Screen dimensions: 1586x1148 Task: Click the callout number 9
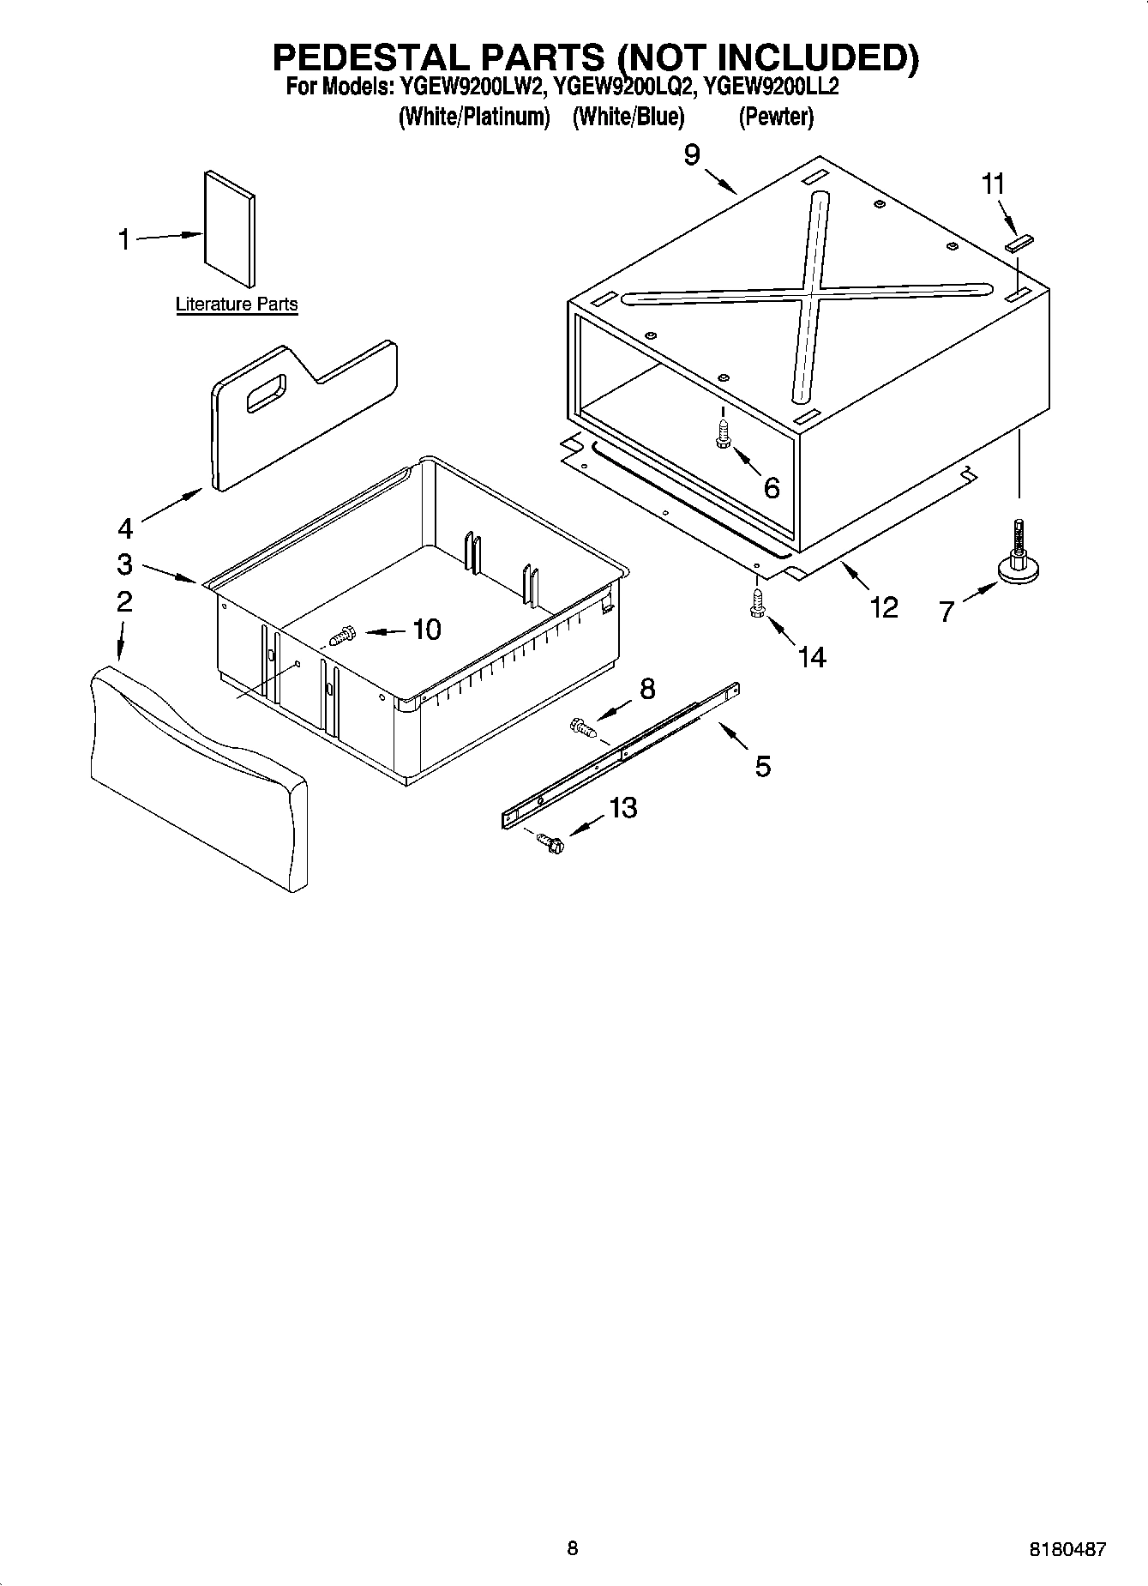[x=692, y=155]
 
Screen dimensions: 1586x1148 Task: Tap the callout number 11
[x=993, y=184]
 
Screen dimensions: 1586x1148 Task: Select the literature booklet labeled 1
[x=229, y=228]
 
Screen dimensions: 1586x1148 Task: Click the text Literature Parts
[x=237, y=305]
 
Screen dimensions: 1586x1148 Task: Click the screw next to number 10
[x=342, y=636]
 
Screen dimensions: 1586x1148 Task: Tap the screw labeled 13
[x=550, y=843]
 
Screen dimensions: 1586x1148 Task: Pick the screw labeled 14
[x=756, y=601]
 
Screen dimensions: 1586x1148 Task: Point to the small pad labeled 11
[x=1020, y=244]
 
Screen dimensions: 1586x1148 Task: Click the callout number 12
[x=883, y=607]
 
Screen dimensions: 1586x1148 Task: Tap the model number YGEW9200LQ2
[x=622, y=87]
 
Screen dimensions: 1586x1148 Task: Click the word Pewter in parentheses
[x=776, y=117]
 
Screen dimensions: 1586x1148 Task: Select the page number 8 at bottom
[x=573, y=1549]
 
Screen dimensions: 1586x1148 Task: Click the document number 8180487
[x=1067, y=1550]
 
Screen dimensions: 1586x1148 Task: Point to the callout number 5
[x=762, y=766]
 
